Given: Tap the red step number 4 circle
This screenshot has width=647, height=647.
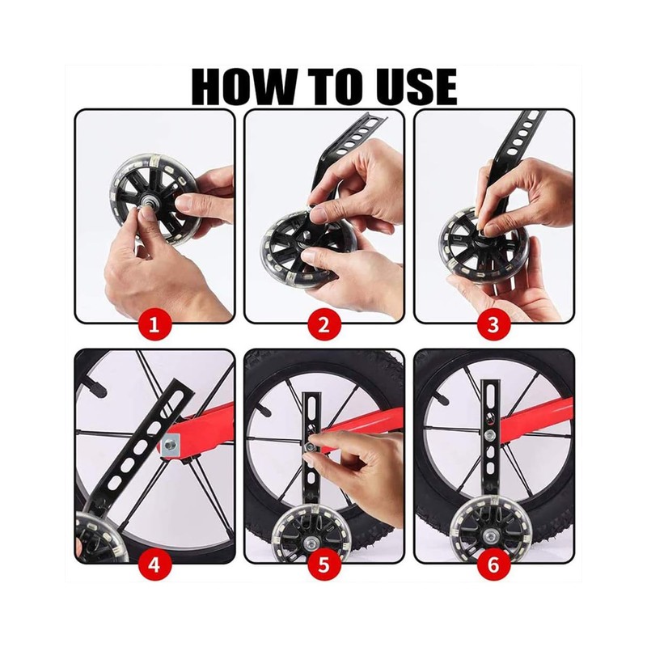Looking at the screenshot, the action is coord(154,565).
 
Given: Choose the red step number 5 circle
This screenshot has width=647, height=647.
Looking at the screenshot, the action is coord(324,565).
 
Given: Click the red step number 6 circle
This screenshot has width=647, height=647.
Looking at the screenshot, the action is coord(493,565).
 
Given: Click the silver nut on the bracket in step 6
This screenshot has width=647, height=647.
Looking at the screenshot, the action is coord(490,434).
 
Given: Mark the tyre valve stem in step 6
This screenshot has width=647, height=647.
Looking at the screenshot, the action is coord(440,400).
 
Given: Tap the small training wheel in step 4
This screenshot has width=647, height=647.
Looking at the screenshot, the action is coord(99,539).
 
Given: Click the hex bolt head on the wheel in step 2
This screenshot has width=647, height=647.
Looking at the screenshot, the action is coord(307,235).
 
